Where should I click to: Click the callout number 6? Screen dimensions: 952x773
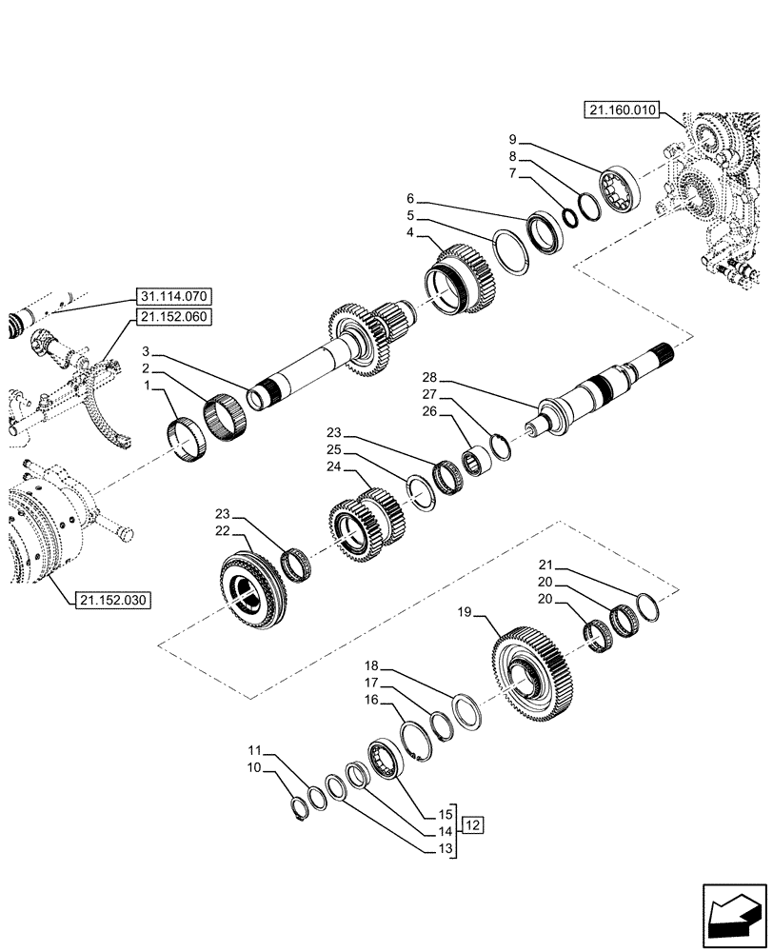pyautogui.click(x=410, y=200)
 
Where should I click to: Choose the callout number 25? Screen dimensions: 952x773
pyautogui.click(x=333, y=448)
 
